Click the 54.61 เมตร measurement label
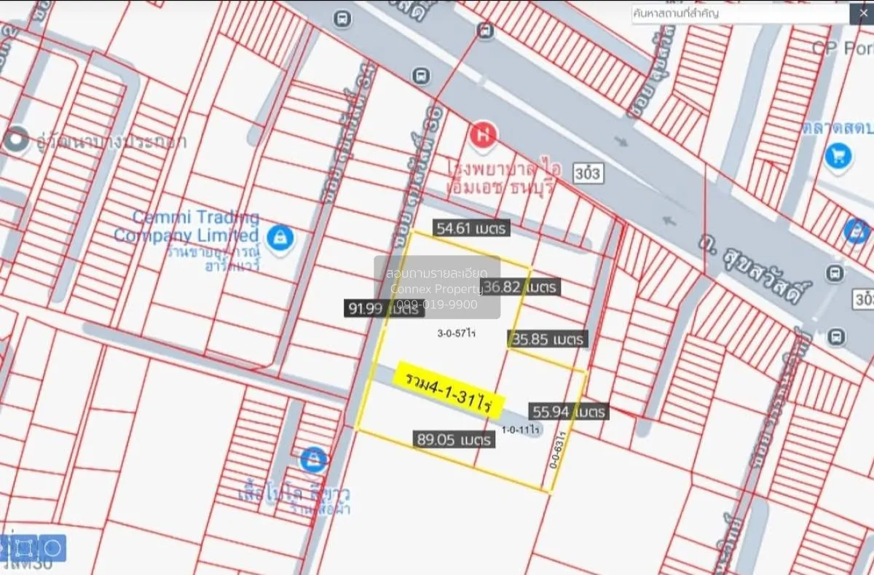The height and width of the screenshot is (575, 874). click(x=471, y=228)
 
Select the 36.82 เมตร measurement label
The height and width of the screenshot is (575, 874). click(x=521, y=287)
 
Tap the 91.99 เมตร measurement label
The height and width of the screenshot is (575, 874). click(x=384, y=309)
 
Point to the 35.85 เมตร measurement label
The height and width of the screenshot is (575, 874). click(x=548, y=339)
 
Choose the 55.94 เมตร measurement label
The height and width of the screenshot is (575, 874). click(x=569, y=412)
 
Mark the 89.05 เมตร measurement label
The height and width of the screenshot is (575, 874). click(x=454, y=439)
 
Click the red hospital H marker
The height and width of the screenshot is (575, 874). click(x=481, y=135)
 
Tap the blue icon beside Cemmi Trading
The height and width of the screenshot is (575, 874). click(x=277, y=236)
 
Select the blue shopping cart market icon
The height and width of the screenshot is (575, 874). click(x=838, y=154)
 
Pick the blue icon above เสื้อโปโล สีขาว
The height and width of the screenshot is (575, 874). click(x=313, y=459)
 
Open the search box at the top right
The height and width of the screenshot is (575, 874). click(x=739, y=13)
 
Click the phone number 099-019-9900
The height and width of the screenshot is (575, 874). click(x=437, y=305)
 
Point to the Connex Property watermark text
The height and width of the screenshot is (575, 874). click(x=437, y=289)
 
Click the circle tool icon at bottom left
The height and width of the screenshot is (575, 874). click(x=52, y=547)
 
